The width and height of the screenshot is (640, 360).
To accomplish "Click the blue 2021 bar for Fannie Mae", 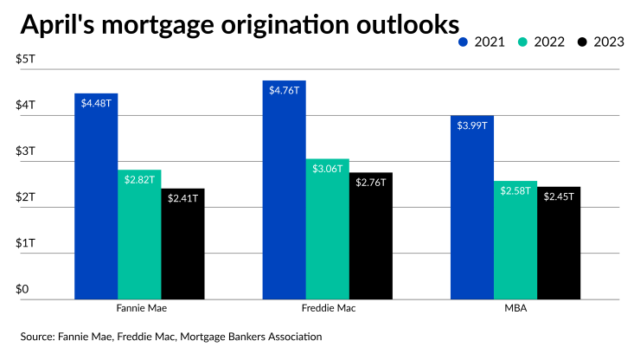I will coord(96,196).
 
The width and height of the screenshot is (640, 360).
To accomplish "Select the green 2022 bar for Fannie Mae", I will coord(139,234).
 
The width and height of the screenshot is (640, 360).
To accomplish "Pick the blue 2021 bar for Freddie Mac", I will coord(284,190).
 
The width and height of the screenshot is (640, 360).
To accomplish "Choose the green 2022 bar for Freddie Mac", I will coord(327,228).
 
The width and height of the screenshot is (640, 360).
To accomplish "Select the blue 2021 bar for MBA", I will coord(472,207).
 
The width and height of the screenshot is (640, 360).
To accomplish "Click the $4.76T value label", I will coord(284,91).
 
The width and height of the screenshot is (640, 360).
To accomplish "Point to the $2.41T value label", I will coord(182,198).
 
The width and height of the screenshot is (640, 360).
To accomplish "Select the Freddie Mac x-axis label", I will coord(327,308).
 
